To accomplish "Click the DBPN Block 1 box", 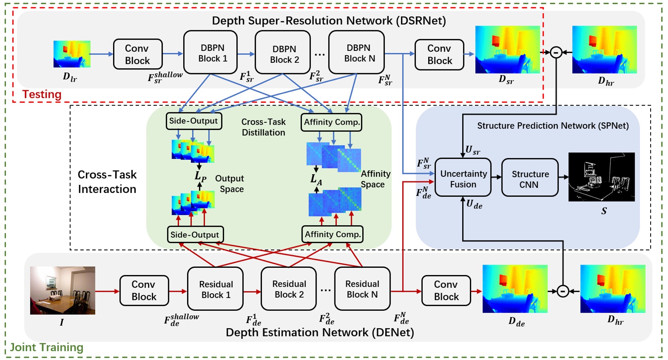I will (x=210, y=53).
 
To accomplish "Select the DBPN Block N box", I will (x=356, y=53).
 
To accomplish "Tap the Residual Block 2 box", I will (x=289, y=289).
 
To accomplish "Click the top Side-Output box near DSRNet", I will (x=193, y=121).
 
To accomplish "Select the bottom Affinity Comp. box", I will (x=332, y=234).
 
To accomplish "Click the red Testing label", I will (x=42, y=95).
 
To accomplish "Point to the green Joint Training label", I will (x=46, y=347).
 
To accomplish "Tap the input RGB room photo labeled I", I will (x=63, y=290).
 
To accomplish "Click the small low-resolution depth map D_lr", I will (x=72, y=54).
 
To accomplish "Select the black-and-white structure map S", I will (x=601, y=177).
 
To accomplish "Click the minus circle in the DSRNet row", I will (x=556, y=52).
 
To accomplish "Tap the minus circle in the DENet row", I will (x=563, y=291).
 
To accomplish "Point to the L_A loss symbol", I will (x=316, y=179).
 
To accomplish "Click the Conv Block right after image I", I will (x=144, y=291).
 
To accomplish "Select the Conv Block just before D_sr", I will (x=439, y=55).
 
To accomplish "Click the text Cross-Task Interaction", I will (x=107, y=182).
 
